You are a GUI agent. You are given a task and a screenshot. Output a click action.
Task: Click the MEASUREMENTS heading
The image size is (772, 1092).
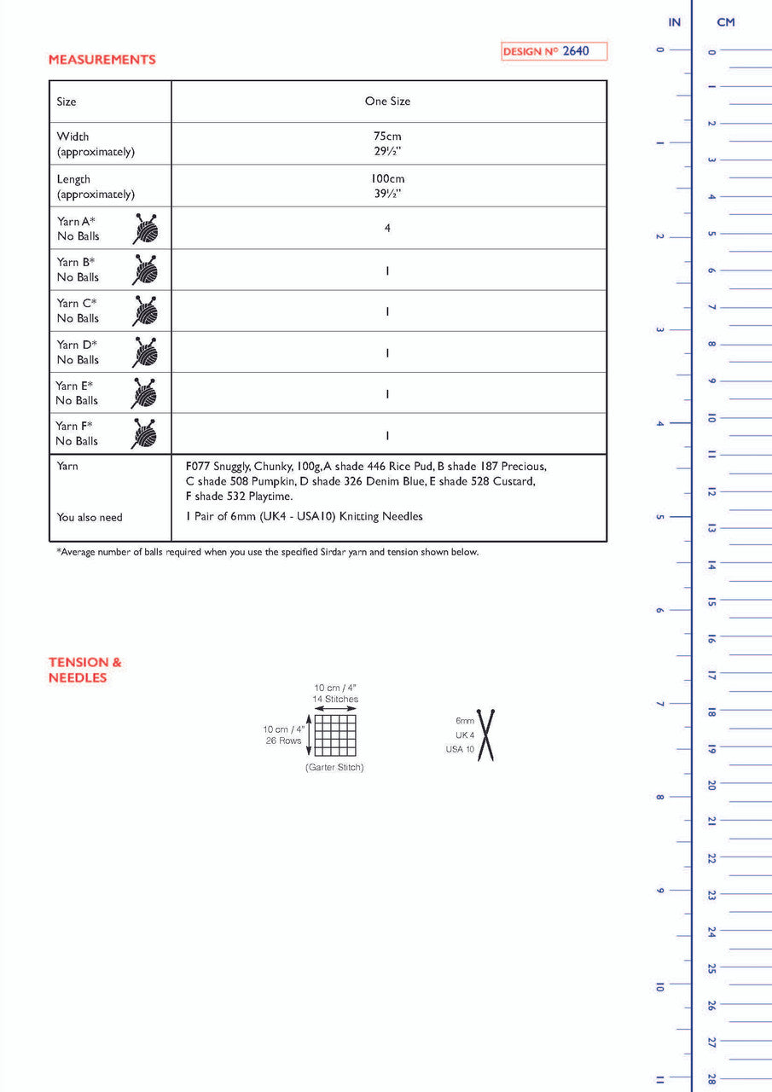tap(102, 60)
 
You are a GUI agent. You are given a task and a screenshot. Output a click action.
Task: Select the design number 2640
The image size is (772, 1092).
tap(575, 51)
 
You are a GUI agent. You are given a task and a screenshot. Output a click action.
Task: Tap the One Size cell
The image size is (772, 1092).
tap(387, 101)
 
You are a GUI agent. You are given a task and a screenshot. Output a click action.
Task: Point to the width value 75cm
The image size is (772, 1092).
tap(387, 136)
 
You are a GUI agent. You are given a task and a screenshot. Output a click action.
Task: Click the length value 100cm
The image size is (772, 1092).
tap(387, 178)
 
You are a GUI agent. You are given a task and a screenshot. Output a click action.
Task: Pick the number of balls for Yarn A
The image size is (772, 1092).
tap(387, 228)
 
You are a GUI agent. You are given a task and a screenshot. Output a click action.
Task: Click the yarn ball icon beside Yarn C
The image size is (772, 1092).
tap(145, 311)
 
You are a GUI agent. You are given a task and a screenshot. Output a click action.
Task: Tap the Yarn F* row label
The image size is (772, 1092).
tap(74, 426)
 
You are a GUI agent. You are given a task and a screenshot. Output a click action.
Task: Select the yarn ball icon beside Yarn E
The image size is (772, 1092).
tap(145, 393)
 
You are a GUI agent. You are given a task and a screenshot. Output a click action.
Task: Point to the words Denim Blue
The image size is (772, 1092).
tap(374, 481)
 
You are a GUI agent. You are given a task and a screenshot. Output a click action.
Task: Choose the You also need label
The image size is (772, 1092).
tap(90, 517)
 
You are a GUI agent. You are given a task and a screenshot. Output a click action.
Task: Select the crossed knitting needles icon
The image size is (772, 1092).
tap(487, 735)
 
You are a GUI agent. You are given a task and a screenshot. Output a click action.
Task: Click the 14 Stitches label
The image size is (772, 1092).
tap(335, 700)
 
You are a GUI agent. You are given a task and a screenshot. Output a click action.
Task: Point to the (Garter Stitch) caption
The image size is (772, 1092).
tap(334, 768)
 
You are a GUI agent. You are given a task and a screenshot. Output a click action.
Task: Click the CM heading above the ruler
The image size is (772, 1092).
tap(726, 22)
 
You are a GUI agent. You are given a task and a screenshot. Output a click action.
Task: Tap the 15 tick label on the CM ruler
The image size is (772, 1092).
tap(711, 601)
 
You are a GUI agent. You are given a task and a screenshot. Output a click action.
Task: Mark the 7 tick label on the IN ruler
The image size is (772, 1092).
tap(659, 704)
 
